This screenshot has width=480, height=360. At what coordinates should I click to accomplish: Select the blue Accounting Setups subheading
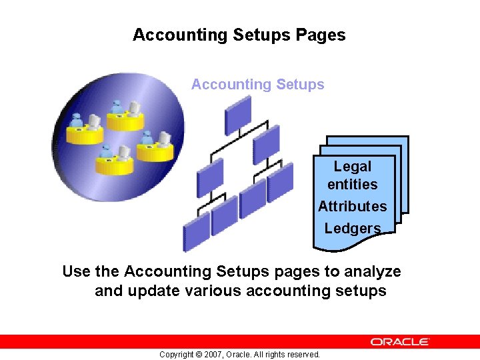[x=257, y=85]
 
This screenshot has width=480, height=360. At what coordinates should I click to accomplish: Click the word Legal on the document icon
[x=353, y=167]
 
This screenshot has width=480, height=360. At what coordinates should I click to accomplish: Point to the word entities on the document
[x=353, y=184]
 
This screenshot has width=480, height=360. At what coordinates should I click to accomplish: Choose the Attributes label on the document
[x=352, y=207]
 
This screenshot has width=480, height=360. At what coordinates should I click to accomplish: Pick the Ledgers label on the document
[x=353, y=228]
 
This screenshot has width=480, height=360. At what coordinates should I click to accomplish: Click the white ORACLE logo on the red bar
[x=400, y=341]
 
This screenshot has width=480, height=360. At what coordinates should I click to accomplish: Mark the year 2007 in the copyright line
[x=214, y=355]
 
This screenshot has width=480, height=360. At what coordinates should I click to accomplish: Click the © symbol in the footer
[x=198, y=355]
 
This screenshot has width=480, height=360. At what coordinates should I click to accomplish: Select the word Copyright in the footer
[x=176, y=355]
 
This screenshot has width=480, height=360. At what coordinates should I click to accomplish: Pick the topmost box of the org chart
[x=238, y=115]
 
